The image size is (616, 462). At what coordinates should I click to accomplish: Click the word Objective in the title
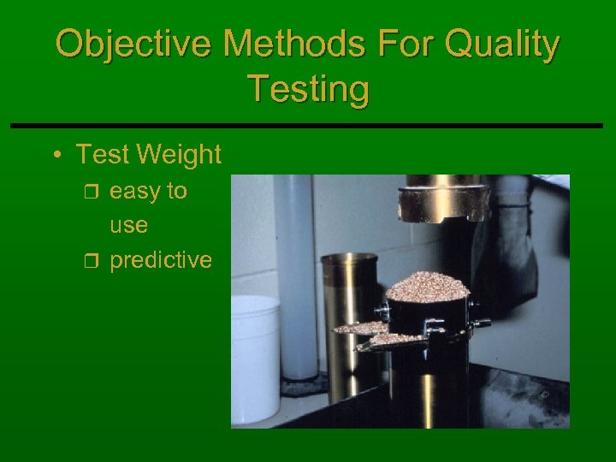[120, 44]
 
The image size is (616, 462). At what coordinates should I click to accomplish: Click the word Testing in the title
[308, 89]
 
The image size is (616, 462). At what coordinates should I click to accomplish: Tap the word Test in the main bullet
[102, 155]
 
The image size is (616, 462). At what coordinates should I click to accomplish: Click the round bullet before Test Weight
[56, 156]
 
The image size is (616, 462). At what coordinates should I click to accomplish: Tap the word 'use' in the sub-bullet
[128, 226]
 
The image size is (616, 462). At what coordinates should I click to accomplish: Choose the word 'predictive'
[161, 260]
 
